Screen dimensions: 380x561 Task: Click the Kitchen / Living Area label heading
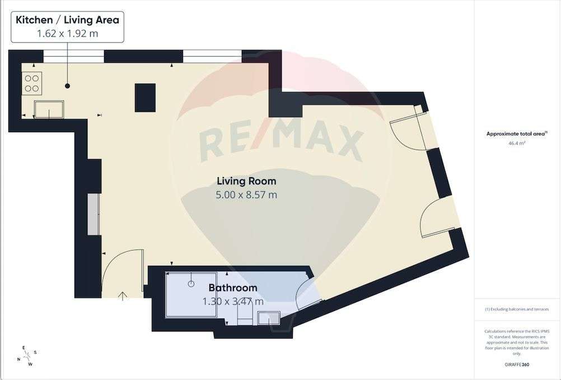[x=67, y=20]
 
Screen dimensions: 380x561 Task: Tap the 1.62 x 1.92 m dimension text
[x=67, y=33]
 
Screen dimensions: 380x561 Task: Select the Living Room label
[x=246, y=181]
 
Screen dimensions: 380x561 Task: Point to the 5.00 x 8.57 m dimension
[x=246, y=195]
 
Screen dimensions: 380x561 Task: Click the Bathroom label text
[x=233, y=288]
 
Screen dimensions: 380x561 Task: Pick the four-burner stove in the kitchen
[x=31, y=83]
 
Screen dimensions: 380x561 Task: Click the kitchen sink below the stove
[x=49, y=109]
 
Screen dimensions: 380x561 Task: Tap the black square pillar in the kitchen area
[x=145, y=98]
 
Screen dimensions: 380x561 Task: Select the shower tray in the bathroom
[x=191, y=295]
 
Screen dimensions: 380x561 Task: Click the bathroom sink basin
[x=269, y=318]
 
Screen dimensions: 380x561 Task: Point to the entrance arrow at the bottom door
[x=123, y=296]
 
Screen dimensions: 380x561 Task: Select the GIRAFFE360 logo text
[x=517, y=364]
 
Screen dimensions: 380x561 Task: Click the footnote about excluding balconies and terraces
[x=517, y=309]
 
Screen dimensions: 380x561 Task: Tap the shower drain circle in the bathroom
[x=191, y=284]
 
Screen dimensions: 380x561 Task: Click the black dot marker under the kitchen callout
[x=67, y=86]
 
